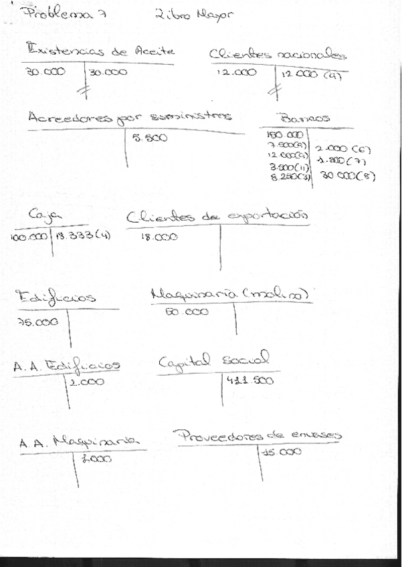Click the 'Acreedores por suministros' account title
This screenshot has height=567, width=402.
click(x=130, y=117)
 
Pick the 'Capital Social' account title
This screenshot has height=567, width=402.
click(x=213, y=361)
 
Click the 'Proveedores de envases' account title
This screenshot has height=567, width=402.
click(x=259, y=435)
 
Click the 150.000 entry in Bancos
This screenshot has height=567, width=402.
click(x=276, y=134)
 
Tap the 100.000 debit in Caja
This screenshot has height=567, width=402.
click(x=29, y=237)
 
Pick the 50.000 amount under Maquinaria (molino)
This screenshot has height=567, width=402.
click(x=187, y=312)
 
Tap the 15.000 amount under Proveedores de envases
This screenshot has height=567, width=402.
click(x=281, y=451)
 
